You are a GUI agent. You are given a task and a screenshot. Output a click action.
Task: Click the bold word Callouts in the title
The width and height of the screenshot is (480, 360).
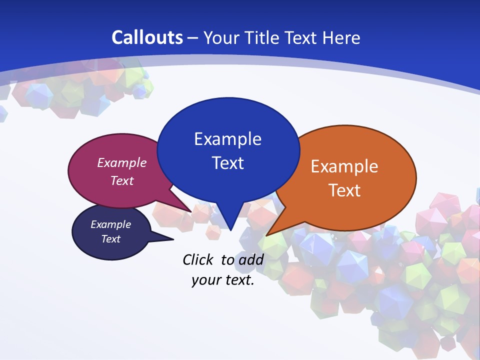coord(147,37)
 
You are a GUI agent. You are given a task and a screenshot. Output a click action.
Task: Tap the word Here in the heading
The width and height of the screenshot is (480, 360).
coord(341,37)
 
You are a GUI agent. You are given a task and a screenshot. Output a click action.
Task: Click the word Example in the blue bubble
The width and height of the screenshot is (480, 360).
coord(227,139)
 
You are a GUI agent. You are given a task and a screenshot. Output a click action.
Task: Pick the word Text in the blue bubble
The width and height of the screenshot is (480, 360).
coord(227,163)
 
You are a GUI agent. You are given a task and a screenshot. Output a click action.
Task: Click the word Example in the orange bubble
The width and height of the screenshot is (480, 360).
coord(344,166)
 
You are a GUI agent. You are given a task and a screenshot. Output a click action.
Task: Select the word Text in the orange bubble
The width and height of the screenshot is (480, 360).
coord(344,190)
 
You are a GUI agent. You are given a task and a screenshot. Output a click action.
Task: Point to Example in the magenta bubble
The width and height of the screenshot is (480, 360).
coord(122,163)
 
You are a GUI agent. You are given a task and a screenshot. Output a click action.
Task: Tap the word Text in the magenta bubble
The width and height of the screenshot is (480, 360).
coord(122,181)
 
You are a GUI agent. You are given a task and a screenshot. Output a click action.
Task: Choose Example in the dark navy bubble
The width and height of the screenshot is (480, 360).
coord(110,224)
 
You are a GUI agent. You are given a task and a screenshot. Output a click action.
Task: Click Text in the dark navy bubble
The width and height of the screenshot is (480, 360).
coord(110,239)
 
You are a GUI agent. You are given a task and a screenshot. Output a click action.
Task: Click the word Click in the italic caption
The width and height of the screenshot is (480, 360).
coord(198,259)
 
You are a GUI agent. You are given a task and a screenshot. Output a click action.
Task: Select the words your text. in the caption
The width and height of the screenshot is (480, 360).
coord(223,280)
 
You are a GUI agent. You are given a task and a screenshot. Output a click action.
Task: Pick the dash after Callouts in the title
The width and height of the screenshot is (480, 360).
coord(193,37)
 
